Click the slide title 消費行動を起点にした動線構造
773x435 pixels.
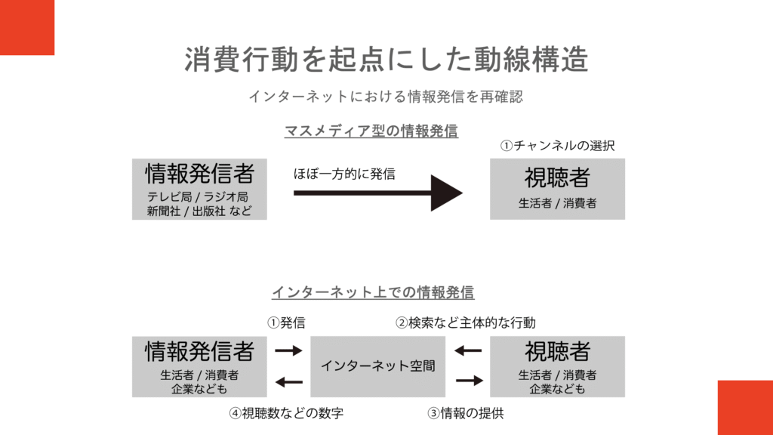click(x=386, y=60)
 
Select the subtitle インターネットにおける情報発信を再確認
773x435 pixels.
click(x=386, y=97)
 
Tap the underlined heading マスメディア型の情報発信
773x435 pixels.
click(x=371, y=131)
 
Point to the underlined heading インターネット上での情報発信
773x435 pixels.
click(x=373, y=292)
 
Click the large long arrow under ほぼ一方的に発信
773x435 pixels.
click(x=377, y=193)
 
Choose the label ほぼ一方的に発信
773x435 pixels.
click(x=344, y=173)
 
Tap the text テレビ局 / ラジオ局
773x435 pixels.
click(x=199, y=197)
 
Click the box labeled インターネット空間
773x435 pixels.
click(x=378, y=366)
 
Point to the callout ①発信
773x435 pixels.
click(x=286, y=322)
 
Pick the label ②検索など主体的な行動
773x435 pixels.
click(x=466, y=322)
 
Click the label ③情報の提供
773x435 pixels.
click(x=465, y=413)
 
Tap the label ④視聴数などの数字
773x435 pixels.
click(x=287, y=413)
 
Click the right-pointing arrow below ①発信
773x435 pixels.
click(x=288, y=351)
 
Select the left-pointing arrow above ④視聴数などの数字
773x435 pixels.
click(x=288, y=382)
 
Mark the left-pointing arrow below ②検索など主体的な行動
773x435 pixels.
click(x=468, y=351)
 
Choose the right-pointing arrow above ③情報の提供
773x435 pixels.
click(x=468, y=381)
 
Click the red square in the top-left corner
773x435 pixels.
click(x=27, y=27)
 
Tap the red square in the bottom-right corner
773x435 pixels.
click(x=745, y=408)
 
